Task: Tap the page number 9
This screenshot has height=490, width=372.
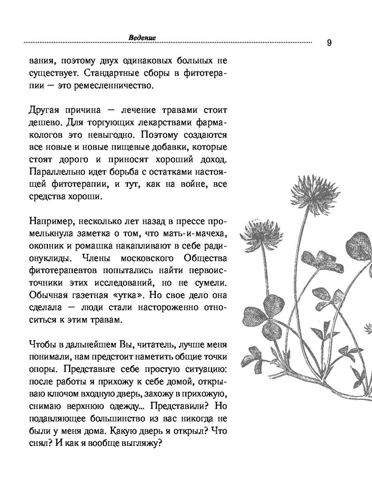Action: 329,43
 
